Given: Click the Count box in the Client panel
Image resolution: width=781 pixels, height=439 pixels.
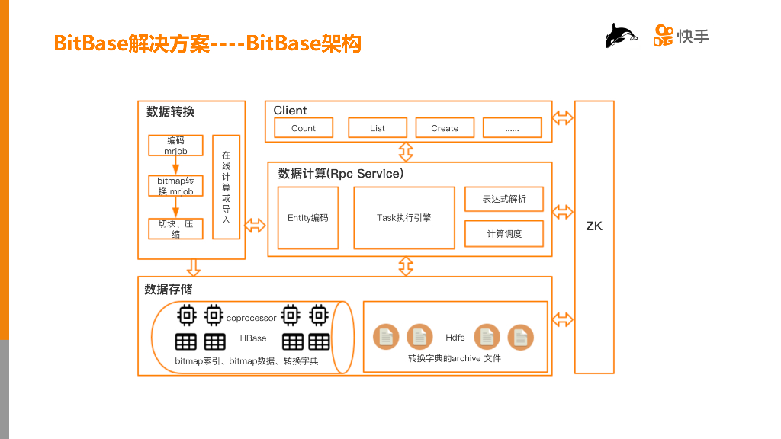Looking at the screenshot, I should click(303, 128).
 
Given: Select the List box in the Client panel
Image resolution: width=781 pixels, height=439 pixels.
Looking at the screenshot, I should click(378, 128).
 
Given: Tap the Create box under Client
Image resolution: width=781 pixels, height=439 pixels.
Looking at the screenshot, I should click(445, 128).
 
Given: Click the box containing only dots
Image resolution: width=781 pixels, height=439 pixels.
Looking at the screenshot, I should click(512, 128).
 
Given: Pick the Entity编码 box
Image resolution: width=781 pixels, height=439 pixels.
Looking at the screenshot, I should click(308, 217).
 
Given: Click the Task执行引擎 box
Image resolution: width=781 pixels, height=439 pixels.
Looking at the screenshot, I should click(404, 217).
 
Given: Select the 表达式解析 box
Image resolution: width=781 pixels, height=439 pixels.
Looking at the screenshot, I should click(504, 199).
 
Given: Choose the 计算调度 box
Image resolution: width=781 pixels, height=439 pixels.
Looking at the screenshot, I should click(504, 234).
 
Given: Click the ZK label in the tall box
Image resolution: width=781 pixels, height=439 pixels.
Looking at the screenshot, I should click(594, 226).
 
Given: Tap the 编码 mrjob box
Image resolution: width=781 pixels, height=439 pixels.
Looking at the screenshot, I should click(175, 146).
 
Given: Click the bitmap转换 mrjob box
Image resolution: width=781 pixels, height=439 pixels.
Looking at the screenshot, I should click(175, 186).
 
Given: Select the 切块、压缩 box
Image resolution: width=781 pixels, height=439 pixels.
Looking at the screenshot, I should click(175, 229).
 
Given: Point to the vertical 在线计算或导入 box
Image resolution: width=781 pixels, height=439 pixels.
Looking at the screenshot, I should click(227, 187).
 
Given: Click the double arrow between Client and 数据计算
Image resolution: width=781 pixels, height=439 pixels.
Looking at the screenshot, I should click(406, 152).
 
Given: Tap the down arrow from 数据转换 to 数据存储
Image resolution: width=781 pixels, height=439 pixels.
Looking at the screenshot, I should click(193, 268).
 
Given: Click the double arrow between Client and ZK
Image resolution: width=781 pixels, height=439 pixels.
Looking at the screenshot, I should click(563, 118).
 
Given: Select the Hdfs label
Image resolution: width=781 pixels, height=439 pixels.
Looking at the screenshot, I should click(455, 337).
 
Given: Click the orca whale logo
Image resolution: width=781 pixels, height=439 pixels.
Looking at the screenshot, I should click(621, 36).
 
